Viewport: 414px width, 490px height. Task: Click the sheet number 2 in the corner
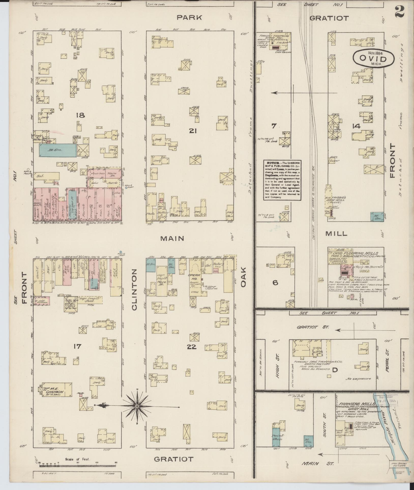tap(400, 12)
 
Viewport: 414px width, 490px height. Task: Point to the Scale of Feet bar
tap(78, 466)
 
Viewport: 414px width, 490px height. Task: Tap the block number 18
tap(80, 115)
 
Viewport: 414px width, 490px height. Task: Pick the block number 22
tap(191, 347)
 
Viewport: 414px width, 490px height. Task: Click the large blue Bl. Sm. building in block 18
tap(57, 150)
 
